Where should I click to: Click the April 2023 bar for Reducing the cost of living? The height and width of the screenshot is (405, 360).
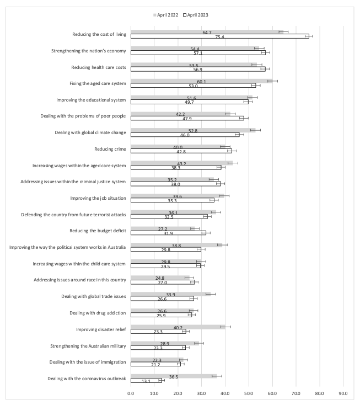coord(219,36)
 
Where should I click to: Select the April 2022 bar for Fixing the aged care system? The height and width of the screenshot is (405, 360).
coord(202,81)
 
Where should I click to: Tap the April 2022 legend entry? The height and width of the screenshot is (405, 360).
coord(166,15)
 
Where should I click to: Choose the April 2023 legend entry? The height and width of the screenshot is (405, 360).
coord(196,15)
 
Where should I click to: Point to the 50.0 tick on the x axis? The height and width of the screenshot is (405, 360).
coord(249,393)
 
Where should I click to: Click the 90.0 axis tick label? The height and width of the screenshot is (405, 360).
coord(343,393)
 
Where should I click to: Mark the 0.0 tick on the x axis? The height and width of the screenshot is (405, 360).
coord(131,393)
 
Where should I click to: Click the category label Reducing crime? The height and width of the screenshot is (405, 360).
coord(110,149)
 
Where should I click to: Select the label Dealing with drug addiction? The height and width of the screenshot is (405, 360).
coord(98,313)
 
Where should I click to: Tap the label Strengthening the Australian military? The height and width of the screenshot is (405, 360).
coord(88,346)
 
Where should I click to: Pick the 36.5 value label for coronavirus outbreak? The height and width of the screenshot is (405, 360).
coord(174,377)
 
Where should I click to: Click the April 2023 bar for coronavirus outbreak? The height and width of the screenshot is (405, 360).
coord(146,380)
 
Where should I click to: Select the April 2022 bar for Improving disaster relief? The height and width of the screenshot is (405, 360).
coord(178,327)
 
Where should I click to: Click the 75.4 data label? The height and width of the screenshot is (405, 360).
coord(219,37)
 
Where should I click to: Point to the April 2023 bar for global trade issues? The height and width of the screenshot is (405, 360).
coord(162,299)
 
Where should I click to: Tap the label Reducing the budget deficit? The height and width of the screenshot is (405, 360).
coord(98,231)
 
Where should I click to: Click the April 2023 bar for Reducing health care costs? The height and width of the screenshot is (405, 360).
coord(198,69)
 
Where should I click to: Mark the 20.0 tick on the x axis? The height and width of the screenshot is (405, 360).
coord(178,393)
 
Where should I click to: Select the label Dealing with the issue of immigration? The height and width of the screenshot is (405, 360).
coord(88,362)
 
